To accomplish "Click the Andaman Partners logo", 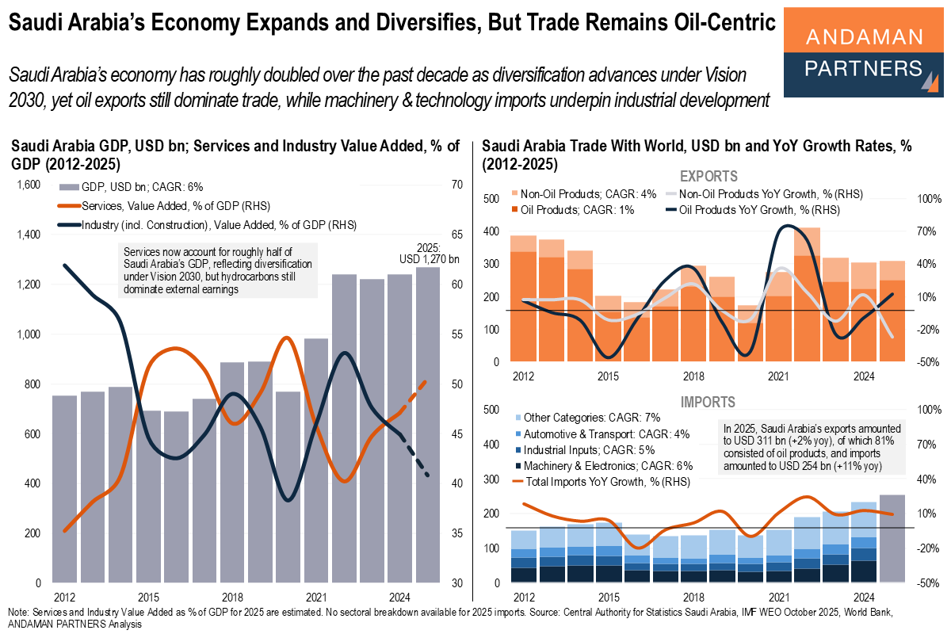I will coord(864,52).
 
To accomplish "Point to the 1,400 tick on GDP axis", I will coord(28,235).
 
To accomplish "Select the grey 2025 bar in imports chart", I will coord(892,538).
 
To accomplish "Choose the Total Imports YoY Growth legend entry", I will coord(602,481).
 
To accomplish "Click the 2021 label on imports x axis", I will coord(778,596).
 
